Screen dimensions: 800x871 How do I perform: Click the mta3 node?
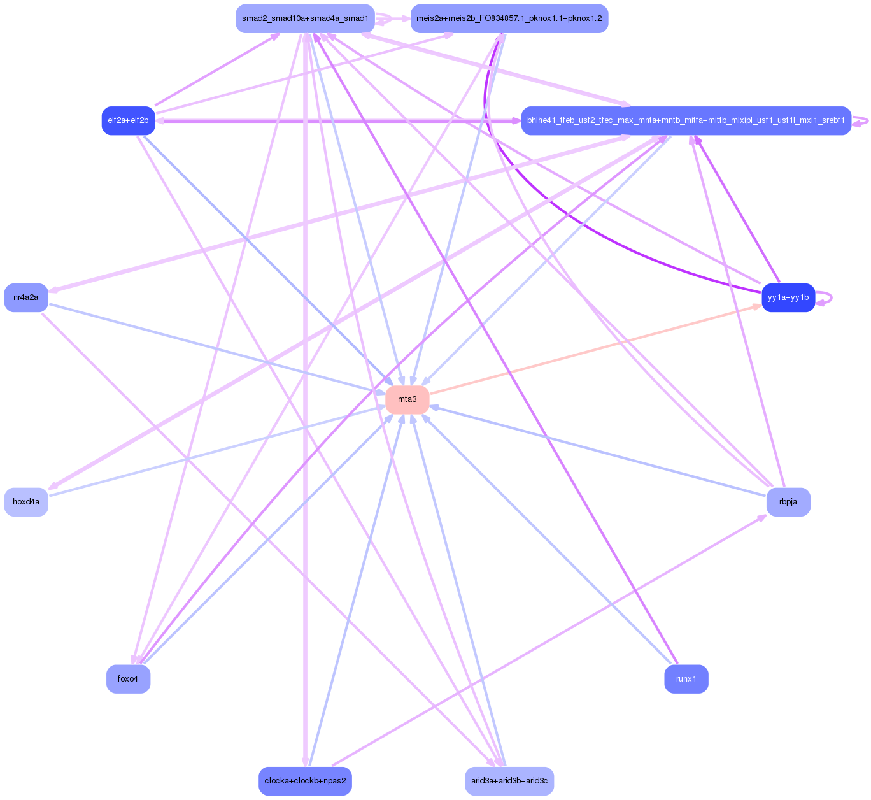click(x=407, y=399)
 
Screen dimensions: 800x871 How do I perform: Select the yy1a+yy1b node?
click(x=788, y=297)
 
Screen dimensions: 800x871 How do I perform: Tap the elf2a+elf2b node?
click(x=128, y=120)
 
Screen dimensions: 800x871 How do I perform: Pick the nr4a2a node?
click(x=26, y=297)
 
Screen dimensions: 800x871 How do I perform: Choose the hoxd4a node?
click(x=26, y=502)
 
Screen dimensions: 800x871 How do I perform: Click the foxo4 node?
click(x=128, y=679)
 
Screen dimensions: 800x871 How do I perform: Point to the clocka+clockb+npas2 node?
click(x=305, y=781)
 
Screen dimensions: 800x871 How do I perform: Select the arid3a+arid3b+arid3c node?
click(x=509, y=781)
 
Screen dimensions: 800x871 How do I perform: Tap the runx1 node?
click(x=686, y=679)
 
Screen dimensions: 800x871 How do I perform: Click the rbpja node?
click(x=788, y=502)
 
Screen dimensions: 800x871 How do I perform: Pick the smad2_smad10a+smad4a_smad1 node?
click(x=305, y=18)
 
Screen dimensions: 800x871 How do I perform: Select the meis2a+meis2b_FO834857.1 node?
click(x=509, y=18)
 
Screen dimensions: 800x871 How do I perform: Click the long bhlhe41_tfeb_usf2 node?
click(x=686, y=120)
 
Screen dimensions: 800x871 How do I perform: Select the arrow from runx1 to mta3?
click(x=548, y=541)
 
